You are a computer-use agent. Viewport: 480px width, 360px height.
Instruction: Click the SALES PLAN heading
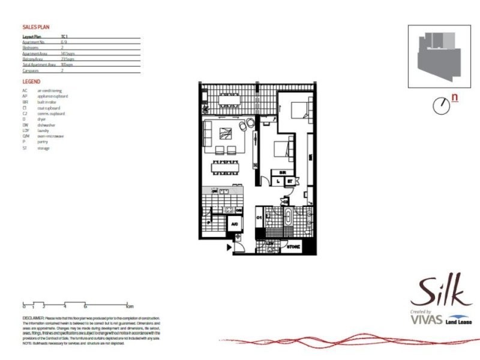[x=35, y=27]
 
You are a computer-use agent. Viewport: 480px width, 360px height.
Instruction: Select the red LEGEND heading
[x=31, y=81]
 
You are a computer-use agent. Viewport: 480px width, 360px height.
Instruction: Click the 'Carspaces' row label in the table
[x=31, y=70]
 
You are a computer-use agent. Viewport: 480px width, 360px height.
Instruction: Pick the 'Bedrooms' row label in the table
[x=31, y=48]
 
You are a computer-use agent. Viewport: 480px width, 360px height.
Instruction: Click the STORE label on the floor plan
[x=293, y=247]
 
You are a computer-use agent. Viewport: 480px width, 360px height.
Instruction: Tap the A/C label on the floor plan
[x=235, y=223]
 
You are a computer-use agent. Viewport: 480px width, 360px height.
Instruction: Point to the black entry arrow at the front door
[x=229, y=246]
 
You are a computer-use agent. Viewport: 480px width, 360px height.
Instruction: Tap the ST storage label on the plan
[x=289, y=181]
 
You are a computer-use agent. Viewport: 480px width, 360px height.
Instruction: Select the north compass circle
[x=441, y=105]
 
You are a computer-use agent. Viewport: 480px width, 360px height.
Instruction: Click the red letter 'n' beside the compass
[x=455, y=97]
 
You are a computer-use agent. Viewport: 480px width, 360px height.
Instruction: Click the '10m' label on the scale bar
[x=129, y=306]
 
